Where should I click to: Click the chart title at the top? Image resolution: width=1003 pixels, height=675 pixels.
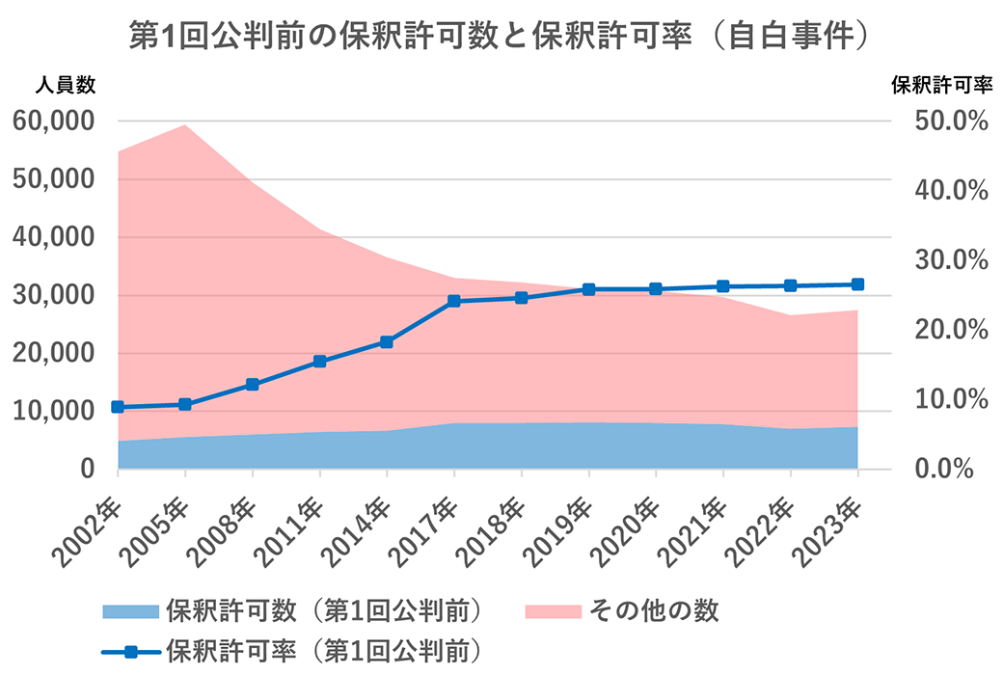(x=501, y=36)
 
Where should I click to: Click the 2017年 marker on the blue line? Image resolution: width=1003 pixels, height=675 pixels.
(x=454, y=301)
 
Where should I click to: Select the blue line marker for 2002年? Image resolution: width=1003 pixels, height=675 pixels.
(x=118, y=407)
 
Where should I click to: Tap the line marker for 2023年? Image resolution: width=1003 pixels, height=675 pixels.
(x=857, y=284)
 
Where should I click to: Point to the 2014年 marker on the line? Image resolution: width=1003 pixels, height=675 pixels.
(x=387, y=341)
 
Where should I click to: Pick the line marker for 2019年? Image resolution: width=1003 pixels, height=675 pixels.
(x=588, y=289)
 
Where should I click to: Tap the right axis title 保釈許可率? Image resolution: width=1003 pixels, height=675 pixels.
(x=940, y=85)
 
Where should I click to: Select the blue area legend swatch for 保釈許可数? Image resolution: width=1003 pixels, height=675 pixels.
(x=129, y=610)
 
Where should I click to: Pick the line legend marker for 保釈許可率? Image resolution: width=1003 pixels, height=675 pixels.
(x=129, y=647)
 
